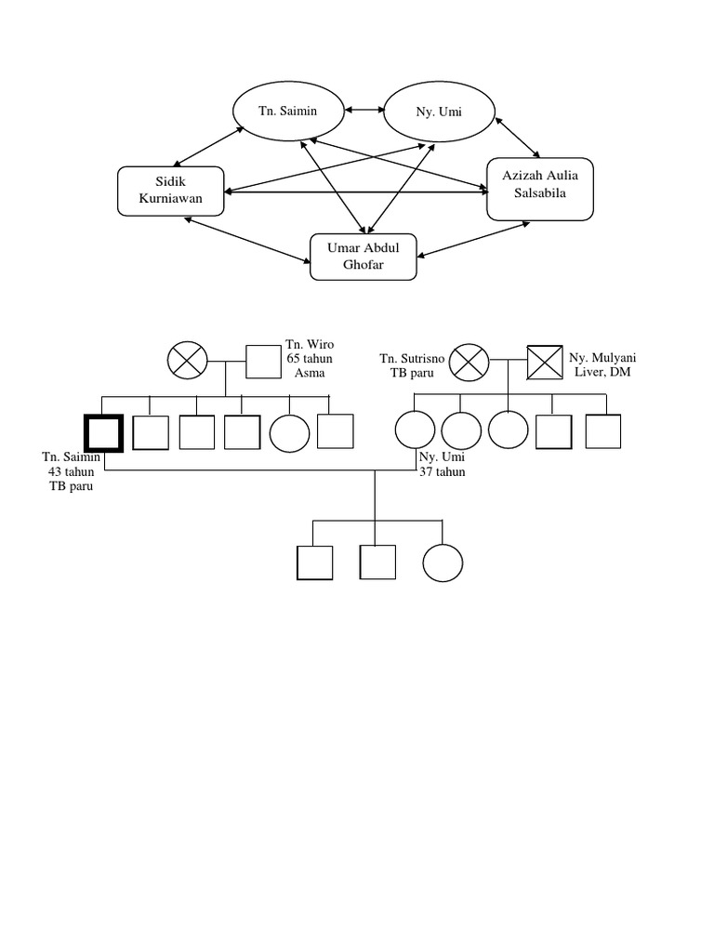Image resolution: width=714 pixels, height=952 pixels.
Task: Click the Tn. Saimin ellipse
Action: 287,111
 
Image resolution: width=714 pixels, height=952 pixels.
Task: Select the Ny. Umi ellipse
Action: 439,112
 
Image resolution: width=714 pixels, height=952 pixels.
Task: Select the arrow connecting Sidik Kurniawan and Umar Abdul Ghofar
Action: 247,242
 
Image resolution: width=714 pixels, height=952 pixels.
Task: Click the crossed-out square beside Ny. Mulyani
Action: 547,361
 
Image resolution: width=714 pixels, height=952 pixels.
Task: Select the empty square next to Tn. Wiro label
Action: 264,362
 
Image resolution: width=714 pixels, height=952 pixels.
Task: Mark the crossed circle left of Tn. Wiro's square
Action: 187,361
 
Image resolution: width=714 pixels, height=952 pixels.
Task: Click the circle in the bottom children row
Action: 443,562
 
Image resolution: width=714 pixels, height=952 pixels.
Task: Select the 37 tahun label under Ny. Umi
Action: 443,471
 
